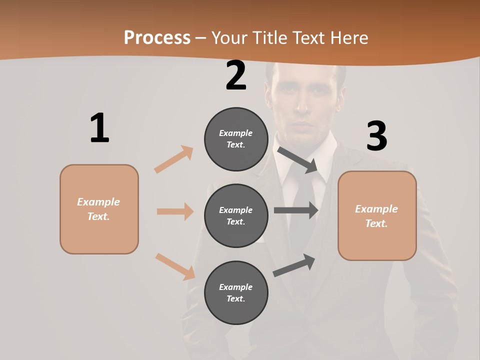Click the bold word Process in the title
pyautogui.click(x=157, y=37)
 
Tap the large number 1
pyautogui.click(x=99, y=128)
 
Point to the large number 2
pyautogui.click(x=236, y=75)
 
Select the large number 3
pyautogui.click(x=376, y=136)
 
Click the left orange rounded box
pyautogui.click(x=99, y=209)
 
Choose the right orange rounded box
pyautogui.click(x=377, y=215)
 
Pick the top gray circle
pyautogui.click(x=236, y=139)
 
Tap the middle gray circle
pyautogui.click(x=236, y=215)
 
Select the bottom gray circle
pyautogui.click(x=236, y=292)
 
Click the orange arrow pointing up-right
pyautogui.click(x=173, y=159)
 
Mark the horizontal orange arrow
pyautogui.click(x=175, y=211)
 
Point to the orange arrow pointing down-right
pyautogui.click(x=175, y=266)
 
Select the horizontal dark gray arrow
pyautogui.click(x=295, y=210)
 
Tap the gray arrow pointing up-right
pyautogui.click(x=294, y=265)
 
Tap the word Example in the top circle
pyautogui.click(x=236, y=133)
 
